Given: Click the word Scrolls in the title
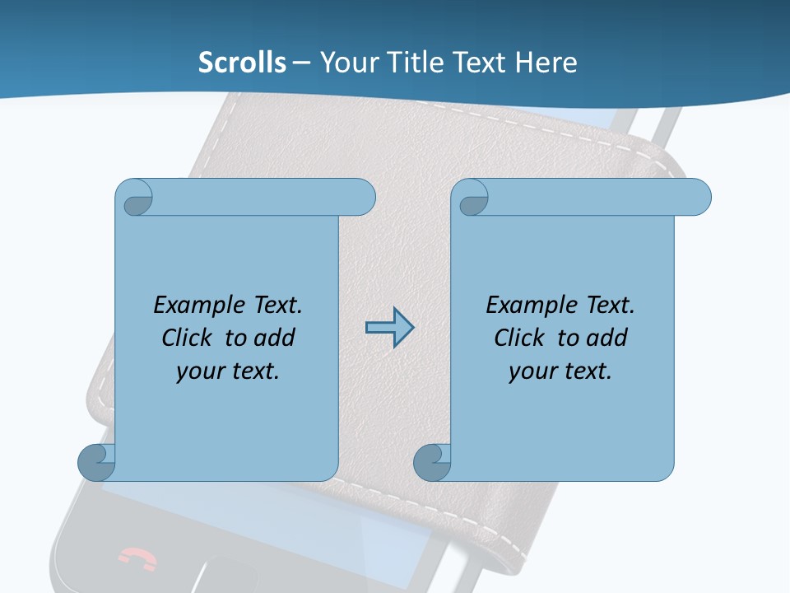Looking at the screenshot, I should pos(242,63).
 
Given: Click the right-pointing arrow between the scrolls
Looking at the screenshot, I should pos(389,328).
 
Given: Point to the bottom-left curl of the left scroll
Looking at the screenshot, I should pos(96,462).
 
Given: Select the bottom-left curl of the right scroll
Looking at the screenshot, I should pos(432,462).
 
